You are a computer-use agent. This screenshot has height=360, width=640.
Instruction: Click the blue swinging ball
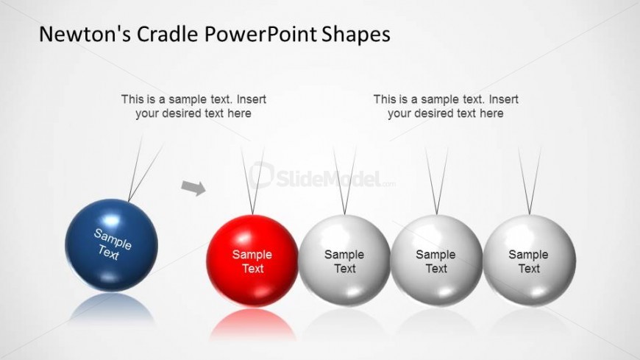pyautogui.click(x=111, y=244)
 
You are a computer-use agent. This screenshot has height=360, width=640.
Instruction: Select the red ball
pyautogui.click(x=252, y=261)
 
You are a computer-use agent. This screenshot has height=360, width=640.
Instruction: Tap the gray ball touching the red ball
pyautogui.click(x=344, y=261)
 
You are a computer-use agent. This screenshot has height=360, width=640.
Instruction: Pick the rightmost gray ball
pyautogui.click(x=529, y=261)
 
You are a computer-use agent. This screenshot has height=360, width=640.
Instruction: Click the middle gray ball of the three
pyautogui.click(x=436, y=261)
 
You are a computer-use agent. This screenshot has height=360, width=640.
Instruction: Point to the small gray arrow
pyautogui.click(x=193, y=188)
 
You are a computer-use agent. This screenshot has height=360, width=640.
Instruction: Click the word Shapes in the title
pyautogui.click(x=356, y=34)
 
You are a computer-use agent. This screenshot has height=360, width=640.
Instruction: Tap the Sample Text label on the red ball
pyautogui.click(x=252, y=261)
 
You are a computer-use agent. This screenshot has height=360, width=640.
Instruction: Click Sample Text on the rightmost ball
pyautogui.click(x=529, y=261)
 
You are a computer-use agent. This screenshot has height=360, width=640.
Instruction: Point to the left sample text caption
pyautogui.click(x=193, y=106)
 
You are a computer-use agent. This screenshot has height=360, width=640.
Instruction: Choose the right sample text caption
pyautogui.click(x=446, y=106)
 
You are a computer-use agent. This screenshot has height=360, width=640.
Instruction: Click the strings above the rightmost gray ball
pyautogui.click(x=530, y=180)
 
